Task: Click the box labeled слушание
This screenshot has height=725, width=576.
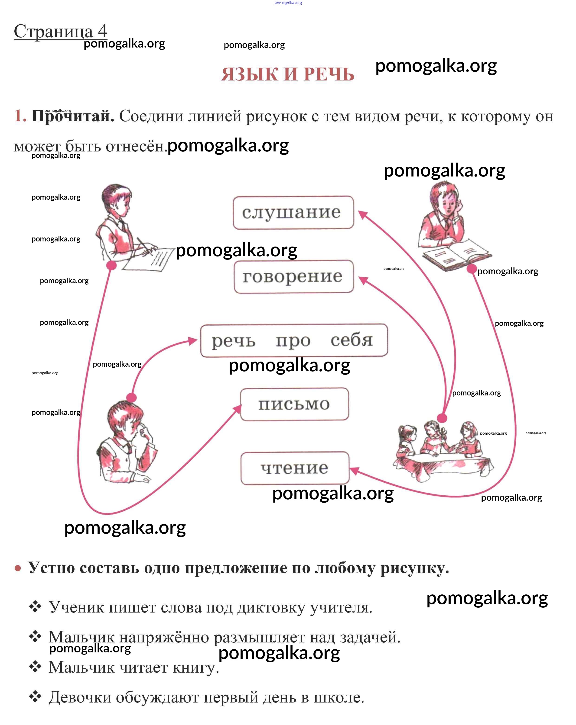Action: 293,212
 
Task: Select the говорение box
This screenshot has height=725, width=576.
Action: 293,276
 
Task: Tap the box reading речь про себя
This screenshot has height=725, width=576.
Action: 293,340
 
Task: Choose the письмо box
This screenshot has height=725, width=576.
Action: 294,404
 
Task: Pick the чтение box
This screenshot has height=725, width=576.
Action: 295,468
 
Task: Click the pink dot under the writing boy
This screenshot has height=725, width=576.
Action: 111,265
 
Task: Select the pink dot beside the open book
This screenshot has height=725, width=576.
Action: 471,269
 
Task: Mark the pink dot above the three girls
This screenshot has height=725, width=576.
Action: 442,418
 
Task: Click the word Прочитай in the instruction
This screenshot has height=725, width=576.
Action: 73,116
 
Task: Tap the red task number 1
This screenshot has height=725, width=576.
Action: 19,116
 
